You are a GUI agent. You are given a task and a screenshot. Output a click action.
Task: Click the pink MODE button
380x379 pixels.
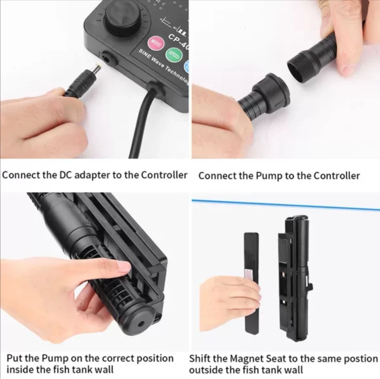point(155,44)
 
